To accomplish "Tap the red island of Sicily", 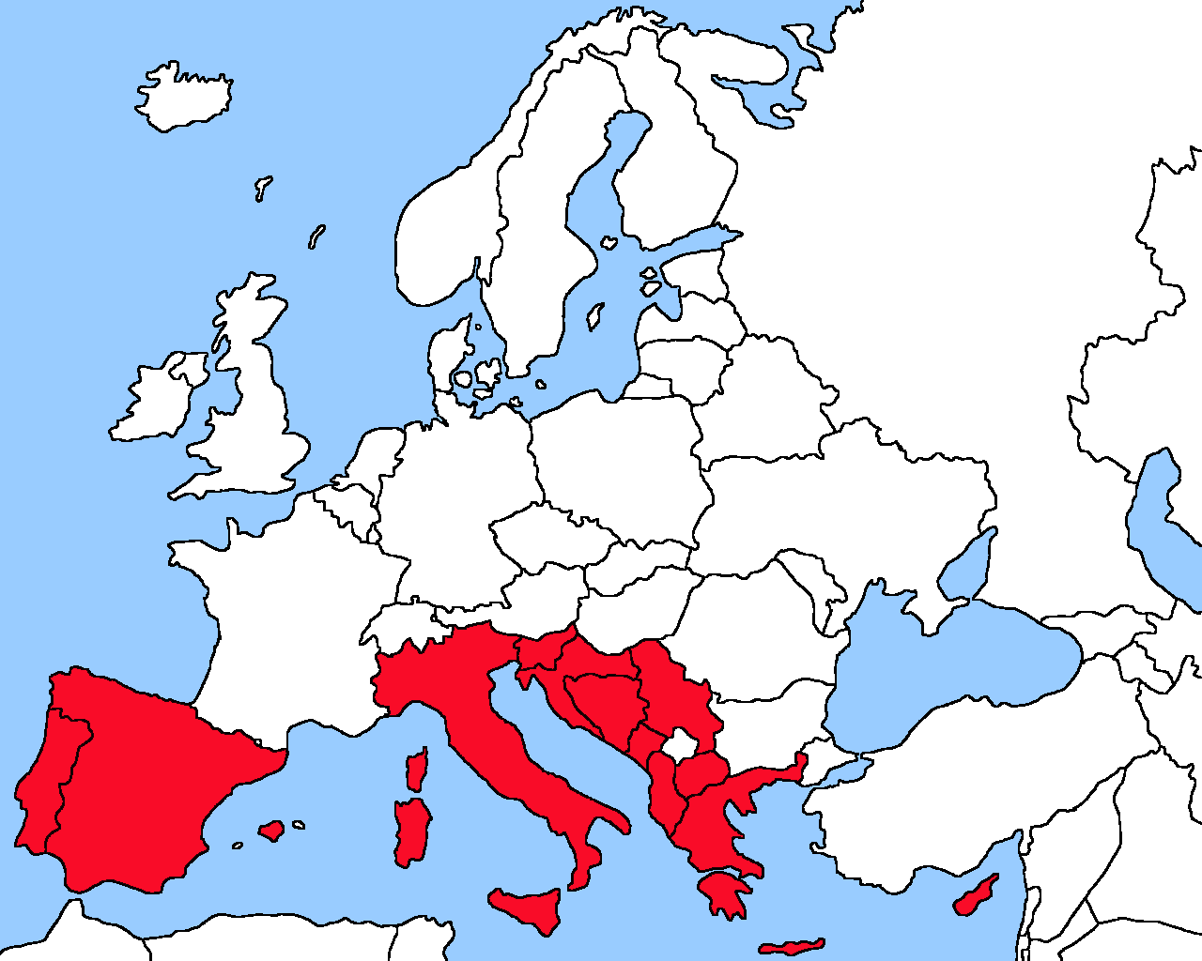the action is [x=532, y=907].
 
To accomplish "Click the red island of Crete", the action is [x=791, y=946].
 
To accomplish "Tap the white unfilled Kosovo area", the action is [x=680, y=747].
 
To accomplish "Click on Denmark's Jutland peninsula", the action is [x=447, y=357].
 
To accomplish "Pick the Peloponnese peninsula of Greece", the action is [x=723, y=892].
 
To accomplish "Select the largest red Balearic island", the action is [x=271, y=830].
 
